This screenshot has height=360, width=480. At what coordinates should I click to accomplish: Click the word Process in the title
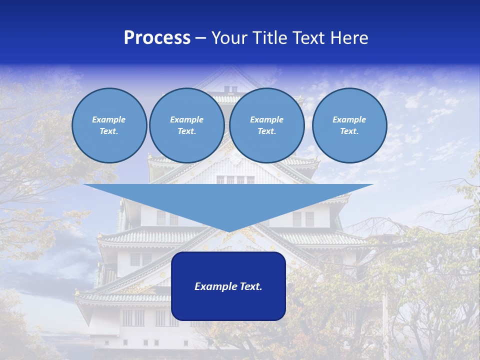pos(157,38)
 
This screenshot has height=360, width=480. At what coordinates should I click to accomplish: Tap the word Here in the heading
pos(348,38)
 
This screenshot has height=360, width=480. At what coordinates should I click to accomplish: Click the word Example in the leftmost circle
pos(109,119)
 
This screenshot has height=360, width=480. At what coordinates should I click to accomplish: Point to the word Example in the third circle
pos(266,119)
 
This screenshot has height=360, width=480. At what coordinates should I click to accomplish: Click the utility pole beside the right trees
pos(385,320)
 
